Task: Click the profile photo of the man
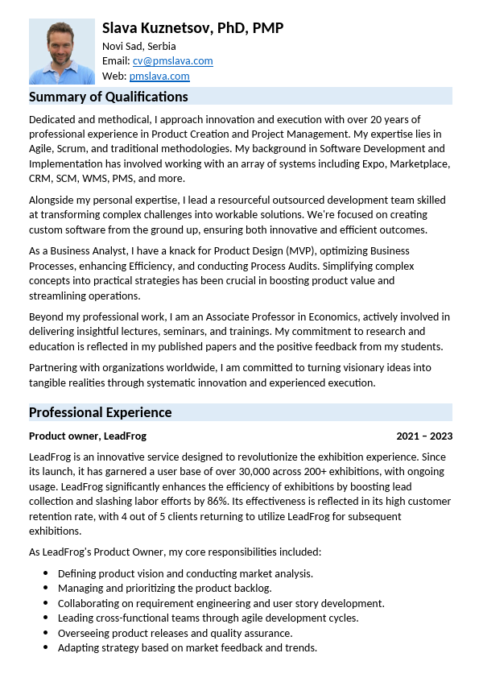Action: (x=62, y=51)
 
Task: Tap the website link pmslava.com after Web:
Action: (x=159, y=76)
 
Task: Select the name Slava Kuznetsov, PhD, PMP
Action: (x=192, y=29)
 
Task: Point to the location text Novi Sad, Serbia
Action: (x=138, y=46)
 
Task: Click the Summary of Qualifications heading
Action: (x=108, y=97)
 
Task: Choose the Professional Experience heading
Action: (x=100, y=412)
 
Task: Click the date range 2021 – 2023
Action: (x=423, y=436)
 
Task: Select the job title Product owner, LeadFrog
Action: (x=88, y=436)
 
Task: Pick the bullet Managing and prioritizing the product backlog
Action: (x=165, y=589)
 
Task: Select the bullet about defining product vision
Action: (x=185, y=573)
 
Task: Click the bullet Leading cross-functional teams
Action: (x=208, y=618)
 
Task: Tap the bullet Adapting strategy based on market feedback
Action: (x=188, y=647)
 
